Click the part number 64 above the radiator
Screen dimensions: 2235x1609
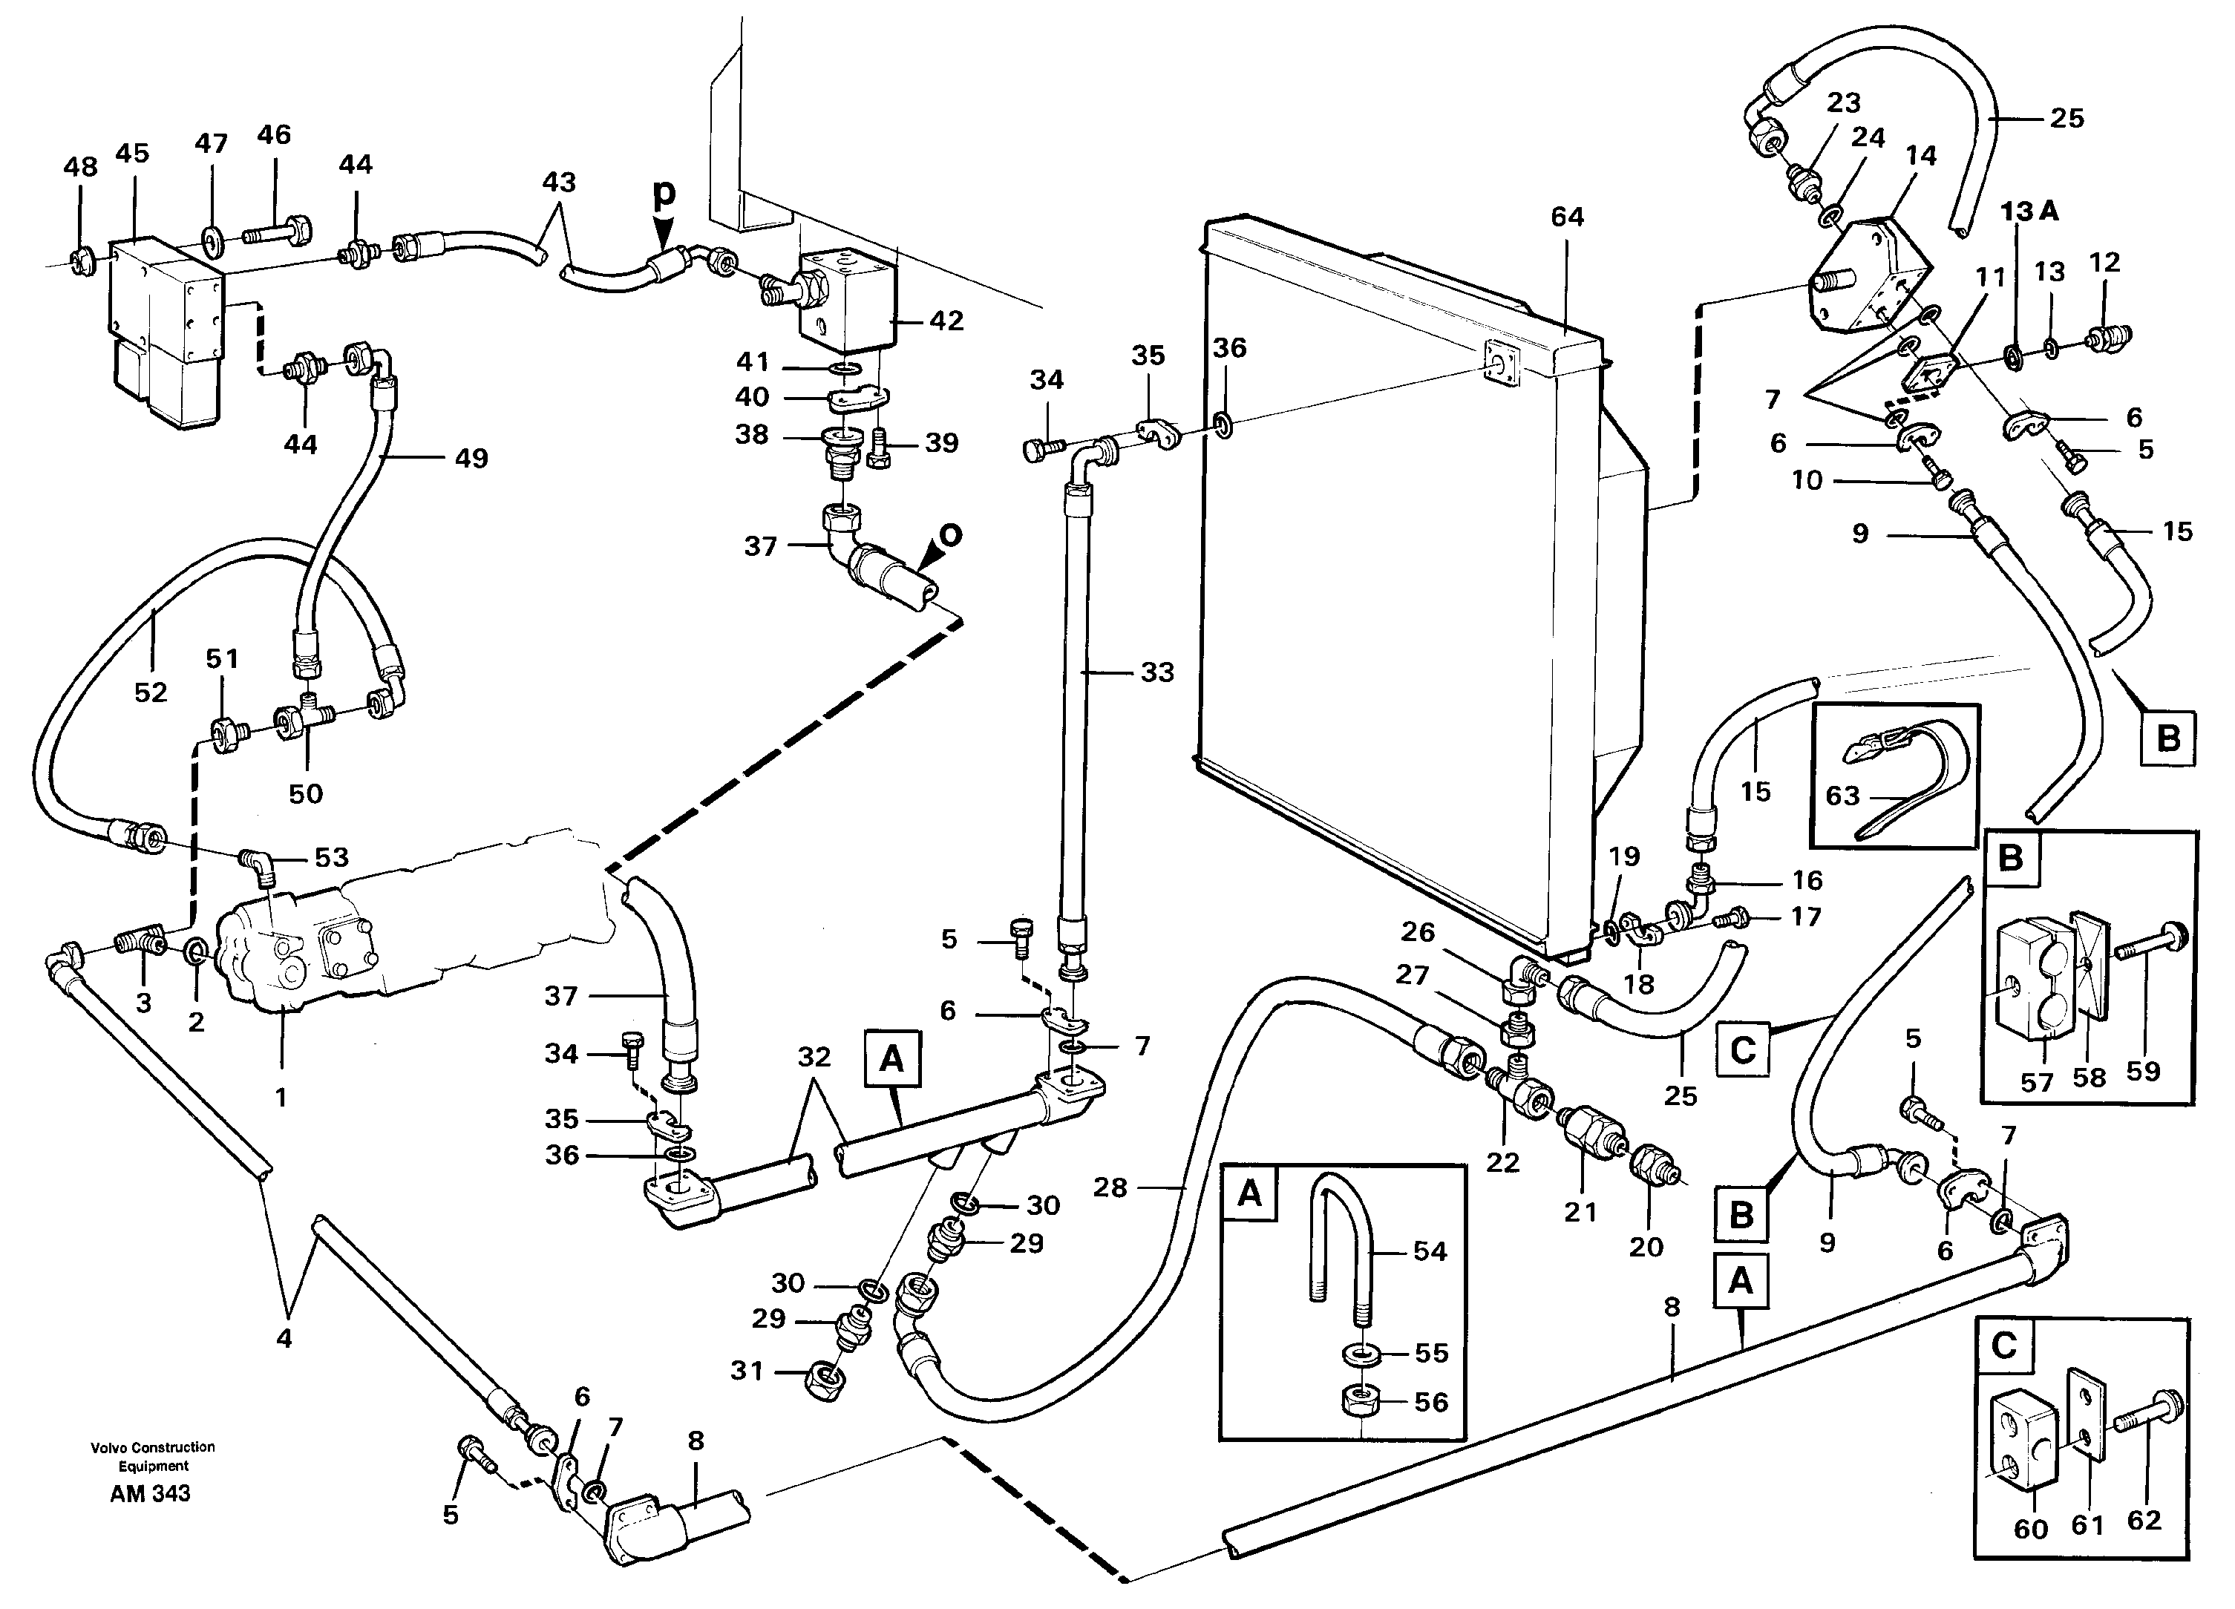pos(1567,216)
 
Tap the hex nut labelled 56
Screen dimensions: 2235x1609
pos(1361,1401)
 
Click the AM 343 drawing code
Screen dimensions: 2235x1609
pos(150,1494)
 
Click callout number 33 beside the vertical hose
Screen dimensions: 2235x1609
pos(1157,672)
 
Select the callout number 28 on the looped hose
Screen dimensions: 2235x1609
pos(1110,1187)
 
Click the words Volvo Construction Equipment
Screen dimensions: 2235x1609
pos(153,1455)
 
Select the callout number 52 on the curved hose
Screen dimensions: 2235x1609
pos(151,692)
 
